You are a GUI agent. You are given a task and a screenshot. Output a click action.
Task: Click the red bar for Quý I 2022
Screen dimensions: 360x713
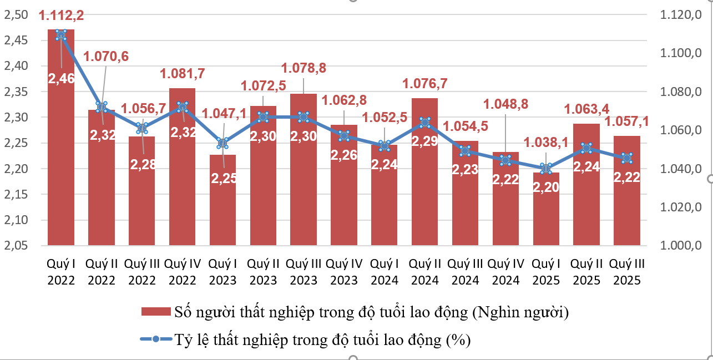[x=61, y=166]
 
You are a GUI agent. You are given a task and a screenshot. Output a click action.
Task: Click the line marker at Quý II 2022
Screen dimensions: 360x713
[x=101, y=107]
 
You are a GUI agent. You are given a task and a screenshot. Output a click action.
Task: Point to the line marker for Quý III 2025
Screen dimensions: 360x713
[x=627, y=158]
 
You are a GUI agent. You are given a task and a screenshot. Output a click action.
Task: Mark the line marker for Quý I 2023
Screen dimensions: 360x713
[x=223, y=143]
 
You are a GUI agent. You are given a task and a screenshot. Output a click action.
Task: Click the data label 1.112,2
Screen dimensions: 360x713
[x=61, y=16]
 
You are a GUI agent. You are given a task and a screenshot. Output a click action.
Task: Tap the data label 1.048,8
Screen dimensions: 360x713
[x=505, y=104]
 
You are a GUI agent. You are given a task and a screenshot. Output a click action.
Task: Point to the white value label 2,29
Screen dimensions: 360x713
[x=424, y=141]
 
